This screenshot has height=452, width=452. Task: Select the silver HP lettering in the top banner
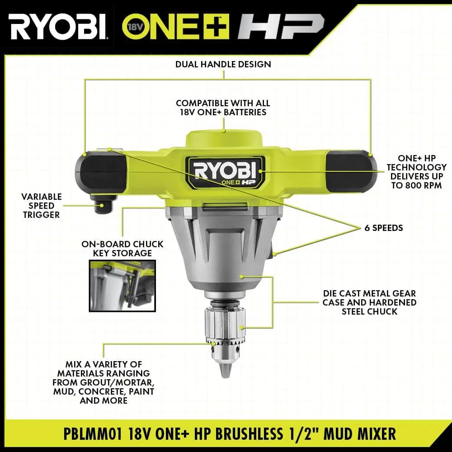tap(281, 27)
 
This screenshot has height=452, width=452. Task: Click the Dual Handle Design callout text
tap(223, 64)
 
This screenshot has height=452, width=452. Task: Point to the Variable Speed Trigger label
tap(42, 206)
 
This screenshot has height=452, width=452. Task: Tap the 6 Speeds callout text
tap(384, 228)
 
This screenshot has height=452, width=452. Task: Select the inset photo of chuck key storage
tap(122, 286)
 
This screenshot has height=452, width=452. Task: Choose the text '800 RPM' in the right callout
tap(423, 185)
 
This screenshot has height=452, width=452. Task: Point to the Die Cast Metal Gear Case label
tap(369, 302)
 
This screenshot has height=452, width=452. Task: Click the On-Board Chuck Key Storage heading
tap(122, 249)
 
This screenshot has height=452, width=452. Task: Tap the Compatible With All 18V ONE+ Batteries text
tap(223, 108)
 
